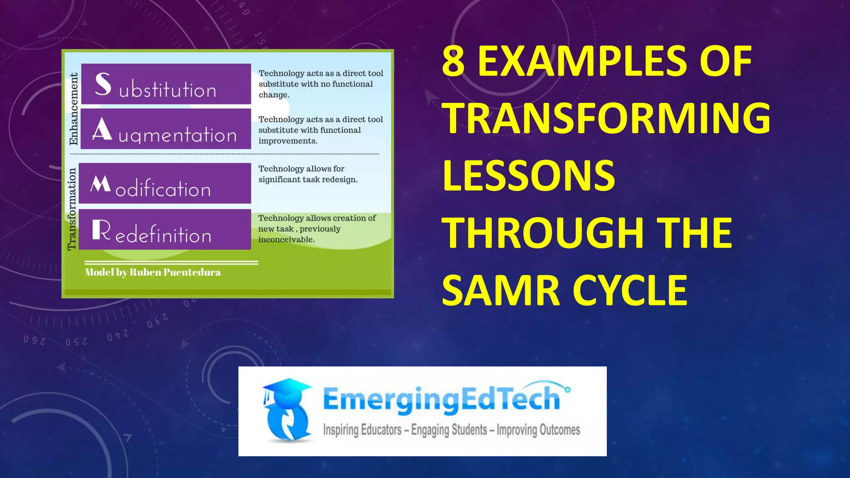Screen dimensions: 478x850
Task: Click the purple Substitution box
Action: [x=166, y=84]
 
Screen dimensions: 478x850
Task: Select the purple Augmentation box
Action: [x=166, y=129]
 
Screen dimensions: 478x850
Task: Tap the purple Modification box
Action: [x=165, y=183]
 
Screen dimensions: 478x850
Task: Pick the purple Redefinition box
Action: [x=165, y=229]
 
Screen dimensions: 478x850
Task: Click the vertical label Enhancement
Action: [x=73, y=109]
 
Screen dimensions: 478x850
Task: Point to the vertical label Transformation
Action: [x=72, y=209]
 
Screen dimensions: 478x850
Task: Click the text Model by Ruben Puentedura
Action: [x=153, y=272]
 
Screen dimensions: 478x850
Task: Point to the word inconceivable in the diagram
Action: [x=286, y=239]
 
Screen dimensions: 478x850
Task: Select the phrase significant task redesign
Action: [x=308, y=180]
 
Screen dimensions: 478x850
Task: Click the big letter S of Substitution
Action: [x=103, y=84]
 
